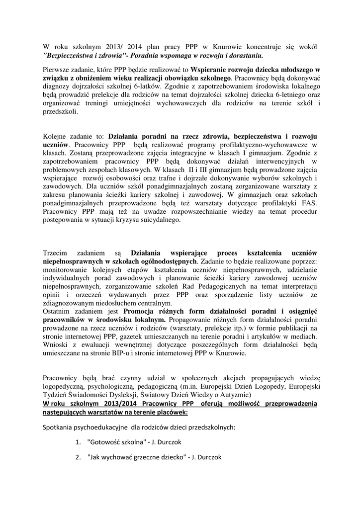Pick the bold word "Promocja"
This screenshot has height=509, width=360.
(x=145, y=312)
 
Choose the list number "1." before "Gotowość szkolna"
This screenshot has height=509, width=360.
(x=78, y=442)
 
